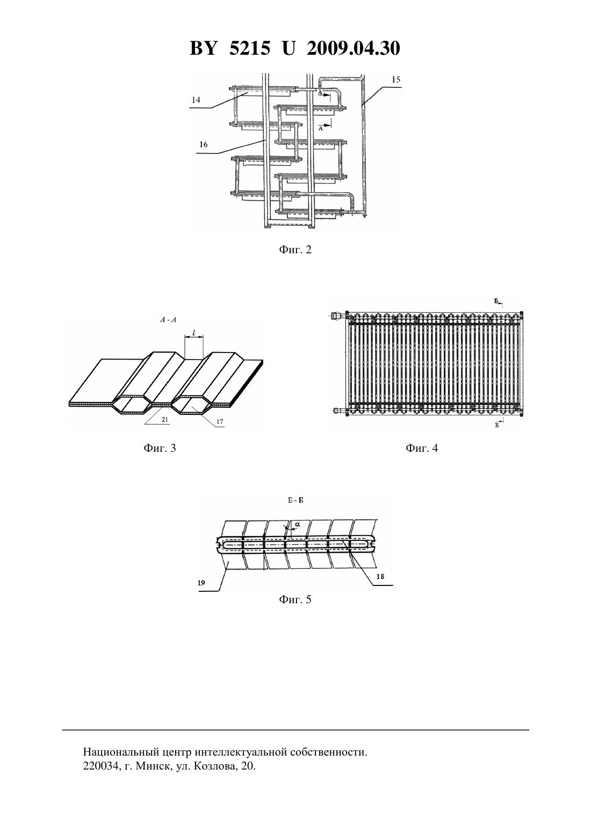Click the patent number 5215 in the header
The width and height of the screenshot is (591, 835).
[249, 48]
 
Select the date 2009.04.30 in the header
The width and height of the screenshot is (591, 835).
[354, 48]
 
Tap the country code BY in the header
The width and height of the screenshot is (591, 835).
[203, 48]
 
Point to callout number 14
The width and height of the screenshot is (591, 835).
[196, 99]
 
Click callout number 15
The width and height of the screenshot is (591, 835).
[396, 79]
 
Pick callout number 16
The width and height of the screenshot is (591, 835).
[203, 144]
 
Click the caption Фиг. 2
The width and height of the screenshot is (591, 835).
[295, 250]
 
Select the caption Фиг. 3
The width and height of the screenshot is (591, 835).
[160, 448]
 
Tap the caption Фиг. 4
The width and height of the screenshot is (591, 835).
[422, 448]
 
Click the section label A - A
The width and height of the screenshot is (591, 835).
[168, 320]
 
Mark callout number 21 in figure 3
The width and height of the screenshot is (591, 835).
[165, 419]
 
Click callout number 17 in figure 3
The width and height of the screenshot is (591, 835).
[220, 422]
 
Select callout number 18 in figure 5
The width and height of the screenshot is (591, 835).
[380, 577]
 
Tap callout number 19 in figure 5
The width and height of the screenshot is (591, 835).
[201, 583]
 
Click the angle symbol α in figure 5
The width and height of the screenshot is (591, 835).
[297, 524]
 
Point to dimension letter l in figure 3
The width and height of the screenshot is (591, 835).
[193, 332]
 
